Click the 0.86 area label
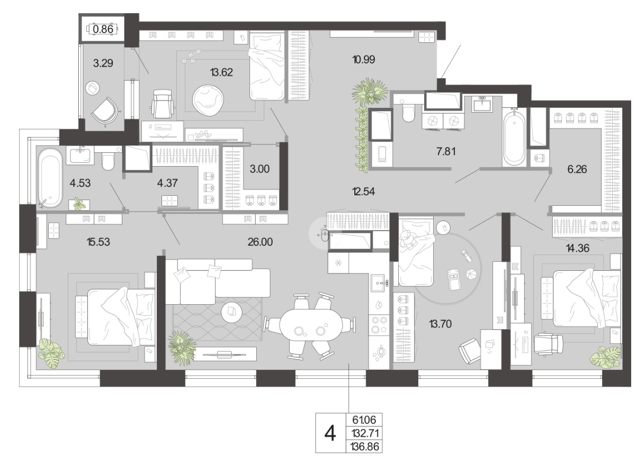pos(103,29)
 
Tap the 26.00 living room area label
pos(260,242)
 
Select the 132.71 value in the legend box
pos(365,433)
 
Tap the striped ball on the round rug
pos(471,275)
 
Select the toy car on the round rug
pos(453,279)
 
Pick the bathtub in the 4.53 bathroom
pos(50,178)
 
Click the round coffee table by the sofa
pos(231,313)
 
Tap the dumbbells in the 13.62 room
pos(192,57)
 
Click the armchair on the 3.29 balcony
pos(104,111)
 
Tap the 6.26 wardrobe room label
pos(577,169)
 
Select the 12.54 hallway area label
pos(363,192)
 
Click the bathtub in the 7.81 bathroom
pos(514,138)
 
